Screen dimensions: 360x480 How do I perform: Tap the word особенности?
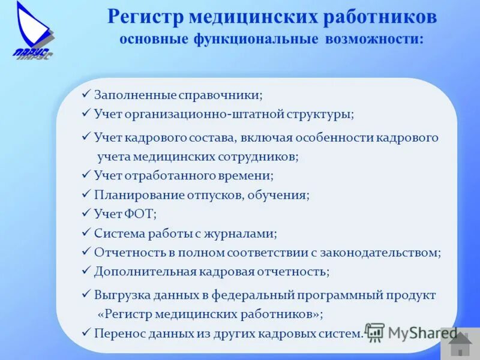click(x=334, y=137)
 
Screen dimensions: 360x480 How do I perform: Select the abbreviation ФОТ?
click(x=141, y=214)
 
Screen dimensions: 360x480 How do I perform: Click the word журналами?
click(x=245, y=233)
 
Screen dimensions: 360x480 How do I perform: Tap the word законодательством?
click(x=382, y=252)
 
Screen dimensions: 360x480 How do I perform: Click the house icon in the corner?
click(x=460, y=344)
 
